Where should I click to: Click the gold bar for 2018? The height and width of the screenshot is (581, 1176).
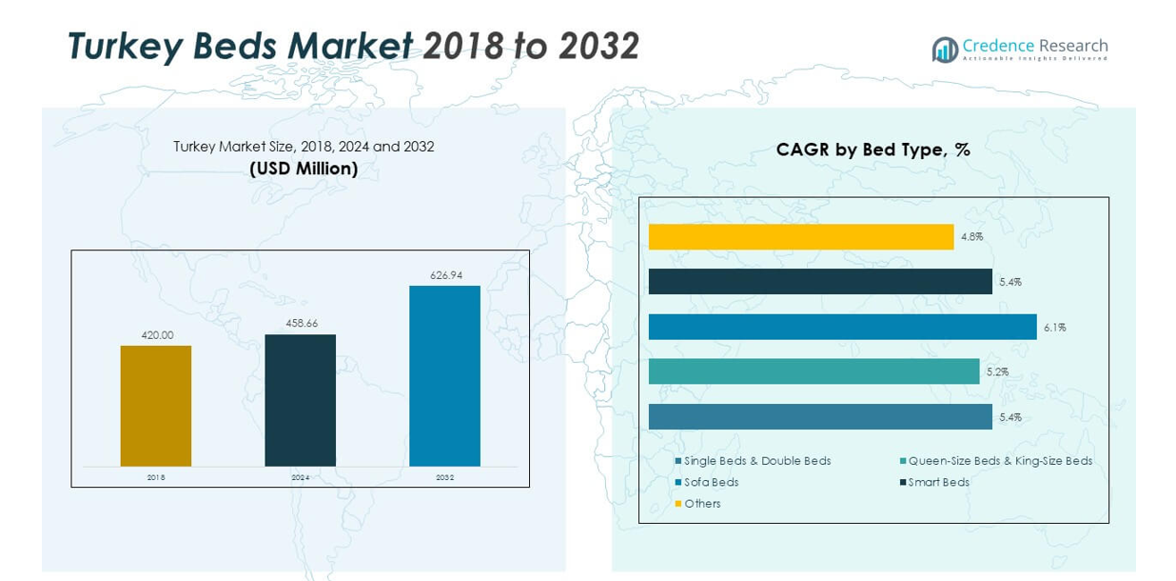coord(156,406)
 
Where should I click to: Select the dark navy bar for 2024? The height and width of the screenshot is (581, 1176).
coord(300,400)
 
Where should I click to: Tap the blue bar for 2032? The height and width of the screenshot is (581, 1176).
coord(444,376)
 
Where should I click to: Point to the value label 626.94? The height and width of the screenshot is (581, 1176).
coord(445,275)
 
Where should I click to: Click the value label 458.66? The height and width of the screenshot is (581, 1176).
coord(301,324)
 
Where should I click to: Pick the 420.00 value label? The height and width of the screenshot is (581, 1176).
coord(156,335)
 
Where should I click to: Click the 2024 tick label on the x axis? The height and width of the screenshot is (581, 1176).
coord(301,477)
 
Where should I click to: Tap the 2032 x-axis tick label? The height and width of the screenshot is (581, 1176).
coord(444,477)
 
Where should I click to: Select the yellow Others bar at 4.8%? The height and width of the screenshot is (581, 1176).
coord(801,237)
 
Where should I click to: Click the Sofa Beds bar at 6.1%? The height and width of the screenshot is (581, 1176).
coord(842,327)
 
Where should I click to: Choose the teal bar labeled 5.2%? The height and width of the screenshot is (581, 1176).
coord(813,371)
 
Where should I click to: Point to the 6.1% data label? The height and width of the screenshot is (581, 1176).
coord(1054,328)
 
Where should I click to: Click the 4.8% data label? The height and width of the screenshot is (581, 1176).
coord(971,237)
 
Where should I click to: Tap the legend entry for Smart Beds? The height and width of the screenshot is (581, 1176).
coord(938,482)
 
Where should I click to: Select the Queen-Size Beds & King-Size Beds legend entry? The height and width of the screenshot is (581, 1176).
coord(1000,461)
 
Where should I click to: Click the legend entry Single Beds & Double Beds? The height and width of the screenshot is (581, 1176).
coord(757,461)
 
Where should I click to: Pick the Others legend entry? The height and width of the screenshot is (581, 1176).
coord(702,504)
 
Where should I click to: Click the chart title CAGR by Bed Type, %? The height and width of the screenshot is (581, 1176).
coord(872,150)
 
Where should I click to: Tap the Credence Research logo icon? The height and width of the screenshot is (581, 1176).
coord(945,50)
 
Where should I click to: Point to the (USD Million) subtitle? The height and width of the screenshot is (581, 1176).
coord(304,169)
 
